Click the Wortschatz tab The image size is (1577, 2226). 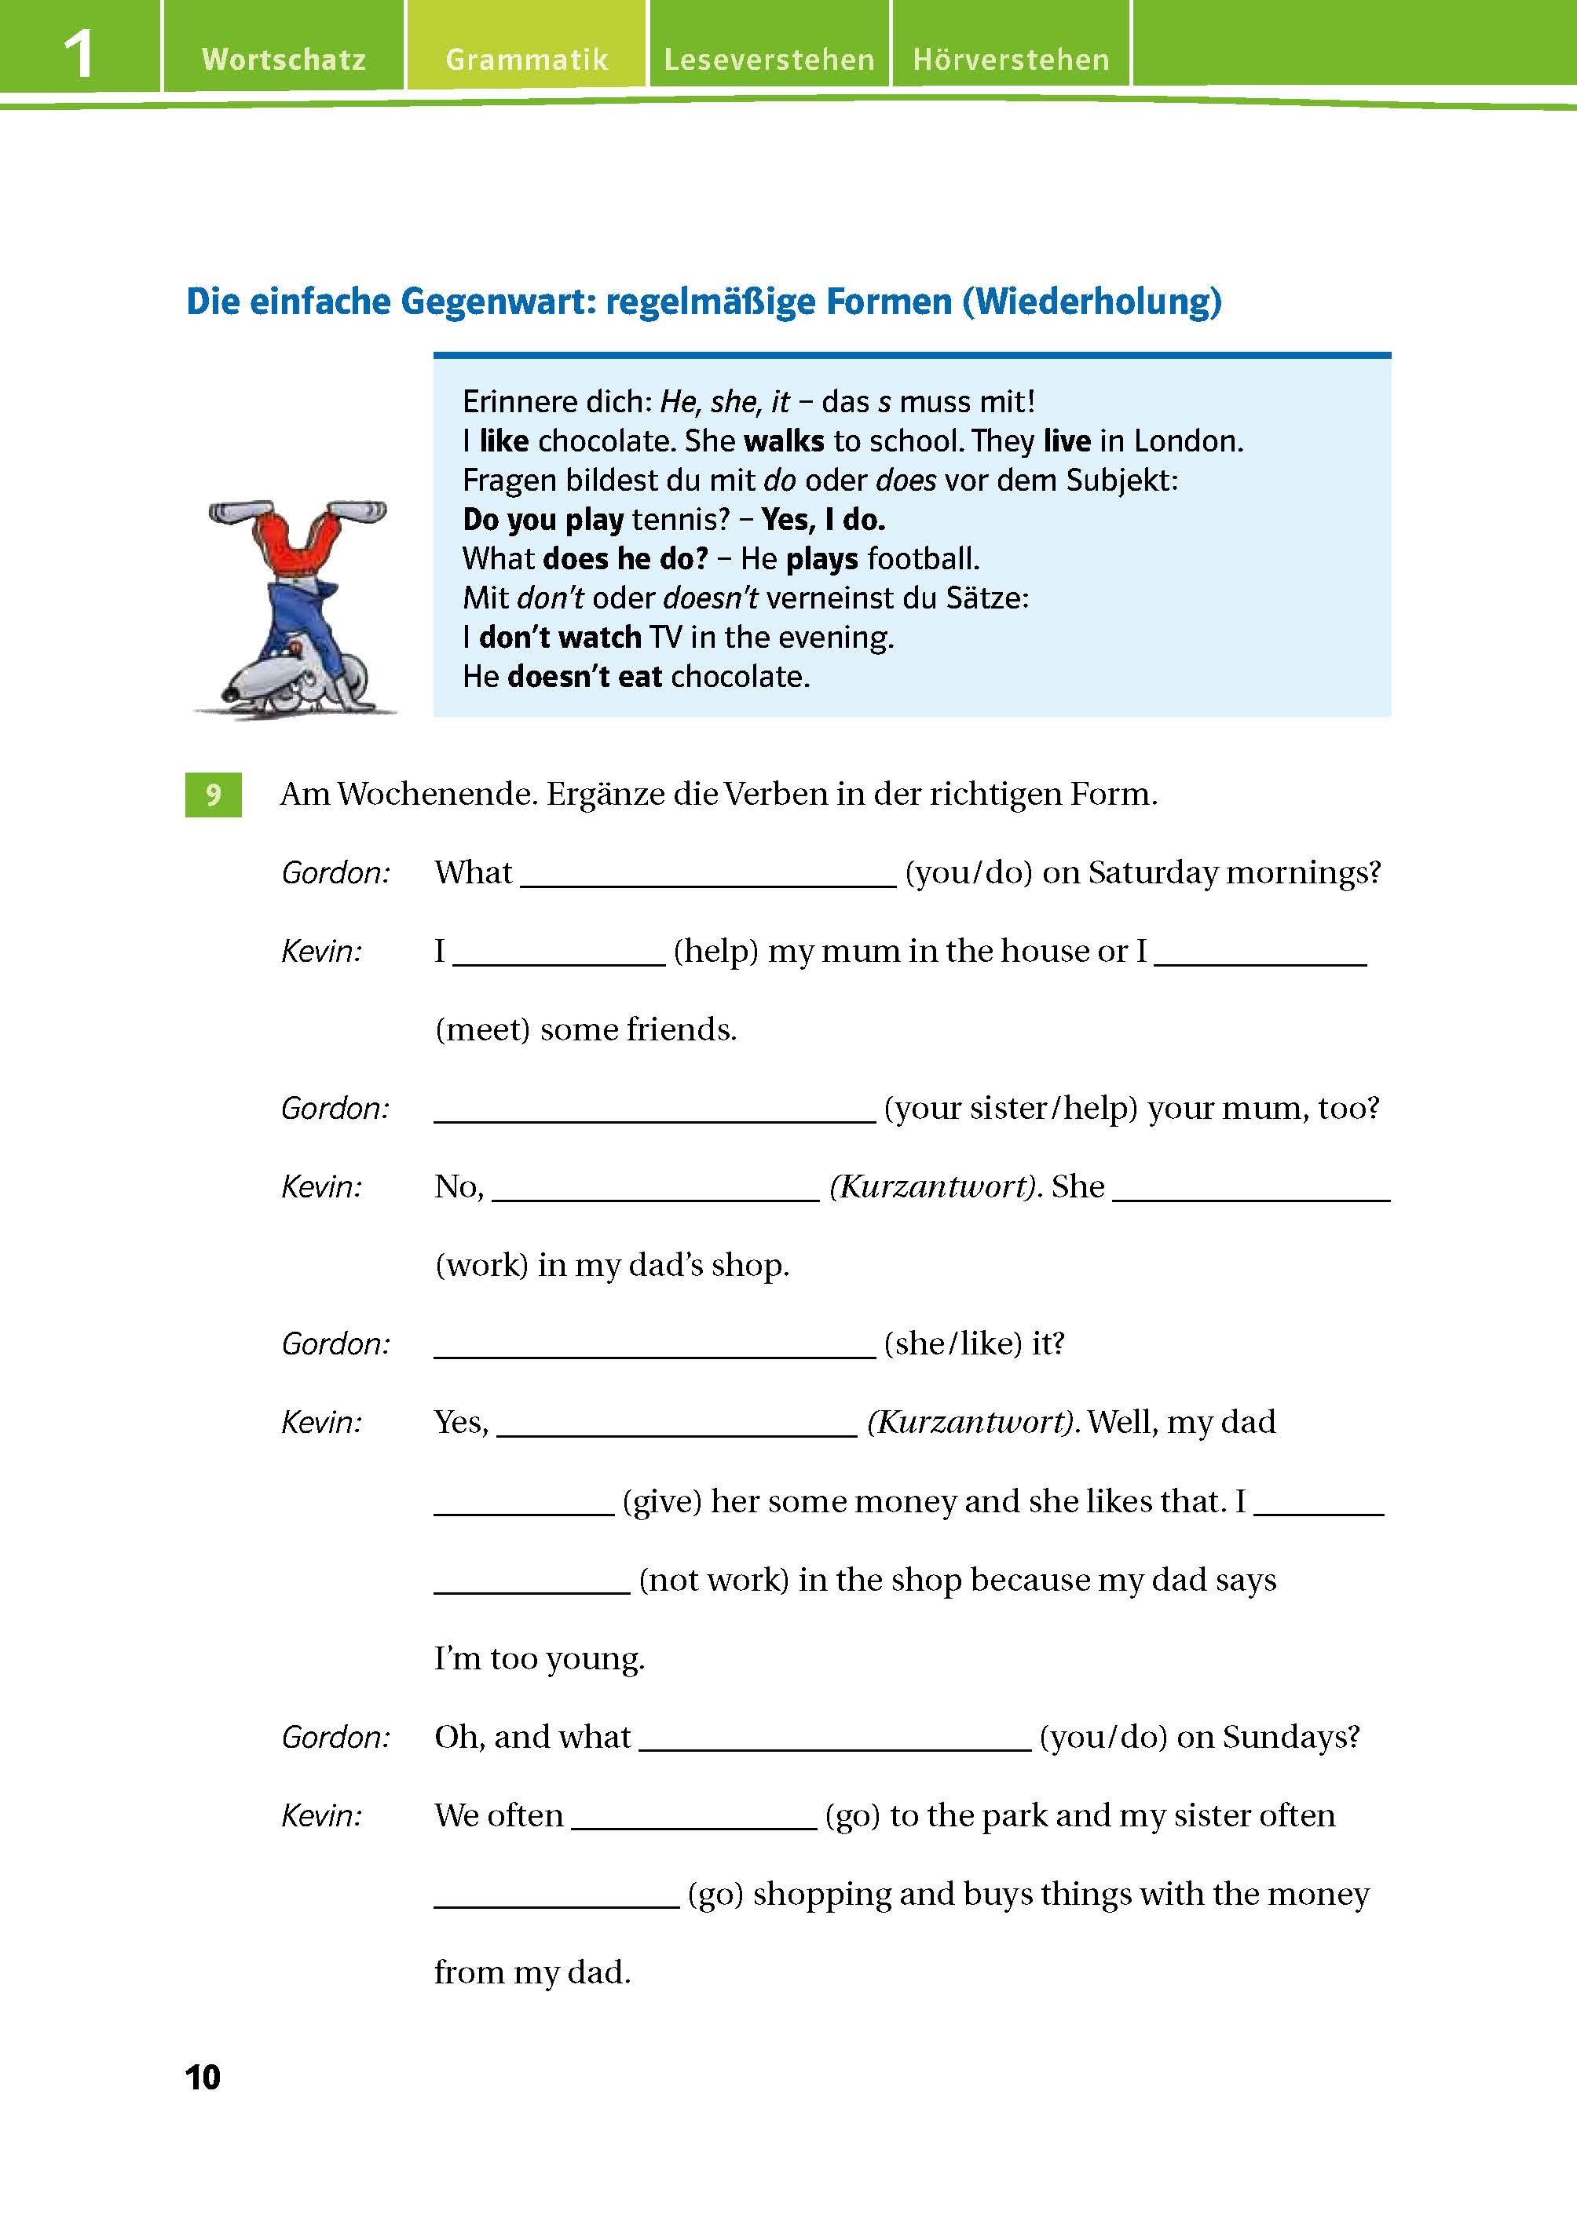click(x=284, y=59)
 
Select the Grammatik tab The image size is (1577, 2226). click(x=526, y=59)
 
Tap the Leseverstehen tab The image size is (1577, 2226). click(x=769, y=59)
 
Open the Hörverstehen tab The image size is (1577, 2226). click(x=1011, y=59)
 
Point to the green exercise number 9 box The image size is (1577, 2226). click(x=213, y=795)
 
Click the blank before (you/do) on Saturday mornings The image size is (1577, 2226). click(x=708, y=874)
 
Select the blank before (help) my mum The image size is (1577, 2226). click(x=559, y=952)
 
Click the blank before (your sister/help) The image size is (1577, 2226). click(x=654, y=1109)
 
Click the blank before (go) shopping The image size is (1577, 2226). click(x=556, y=1896)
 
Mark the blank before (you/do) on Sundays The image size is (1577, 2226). click(x=835, y=1738)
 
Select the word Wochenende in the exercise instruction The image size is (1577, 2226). click(x=436, y=795)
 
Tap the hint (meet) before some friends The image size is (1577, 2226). click(x=483, y=1030)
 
